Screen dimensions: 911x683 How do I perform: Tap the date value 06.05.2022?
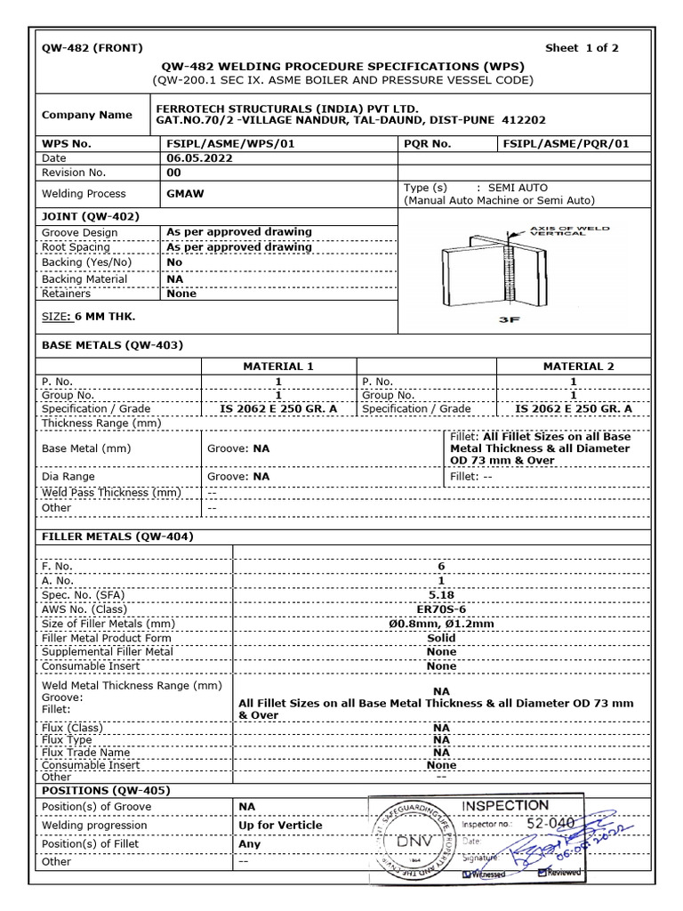pos(199,158)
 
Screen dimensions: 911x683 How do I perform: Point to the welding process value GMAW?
pos(184,193)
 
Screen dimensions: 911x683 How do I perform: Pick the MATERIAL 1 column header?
pos(278,366)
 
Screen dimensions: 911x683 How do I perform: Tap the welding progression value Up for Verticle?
pos(280,825)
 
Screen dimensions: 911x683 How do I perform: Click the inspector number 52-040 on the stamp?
pos(551,824)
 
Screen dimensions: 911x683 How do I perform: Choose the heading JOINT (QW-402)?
pos(90,215)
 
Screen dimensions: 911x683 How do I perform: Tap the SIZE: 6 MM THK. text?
pos(89,316)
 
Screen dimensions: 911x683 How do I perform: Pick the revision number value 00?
pos(174,173)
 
